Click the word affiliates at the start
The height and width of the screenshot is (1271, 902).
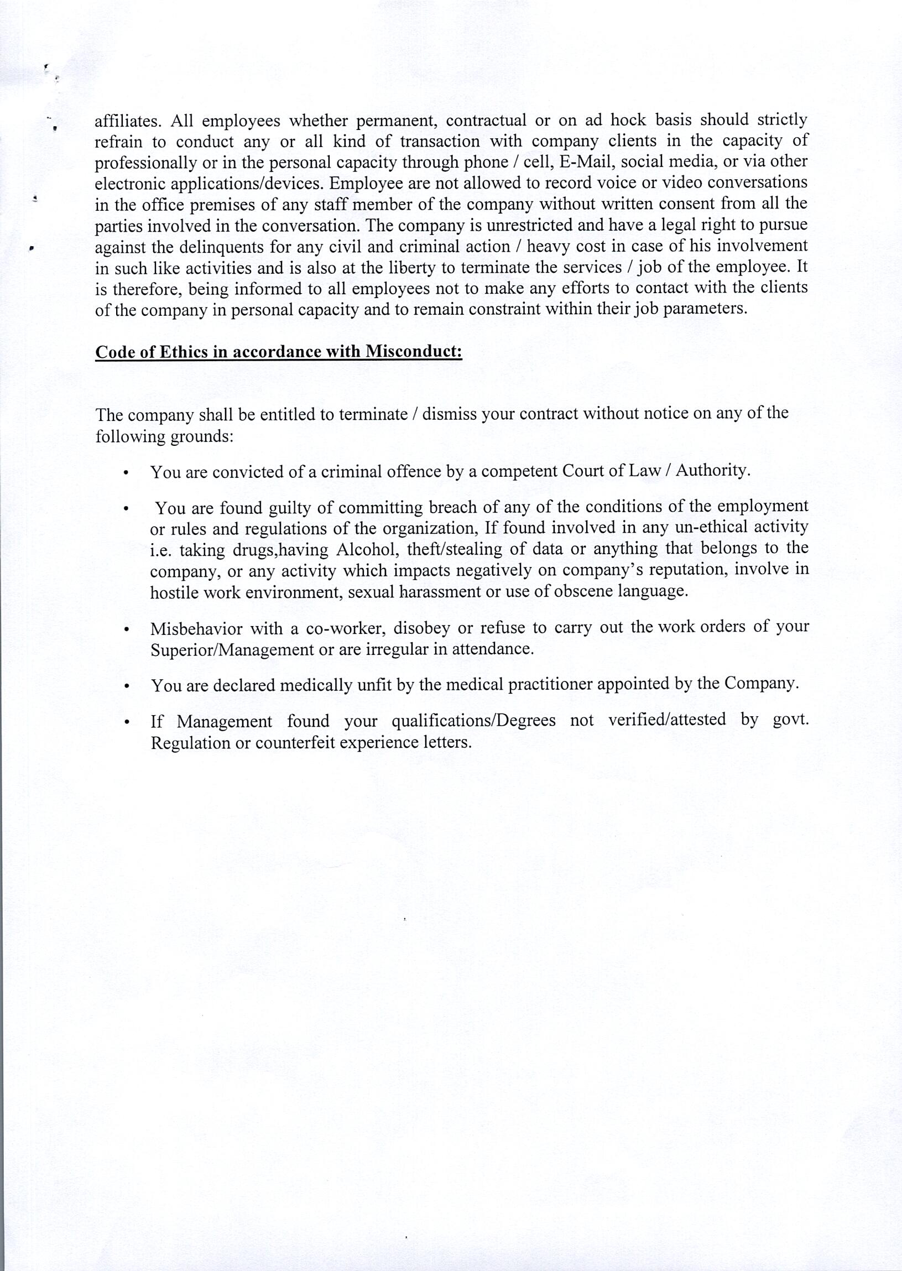click(x=127, y=121)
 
